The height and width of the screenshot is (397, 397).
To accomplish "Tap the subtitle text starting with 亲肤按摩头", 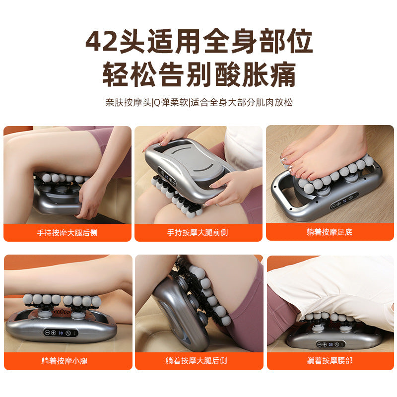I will [198, 103].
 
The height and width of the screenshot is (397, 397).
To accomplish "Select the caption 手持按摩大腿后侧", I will [67, 232].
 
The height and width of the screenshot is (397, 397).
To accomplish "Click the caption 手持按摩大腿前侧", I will [198, 232].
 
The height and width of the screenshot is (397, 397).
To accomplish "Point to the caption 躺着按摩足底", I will [330, 232].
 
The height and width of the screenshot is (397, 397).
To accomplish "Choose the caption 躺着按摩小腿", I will [67, 361].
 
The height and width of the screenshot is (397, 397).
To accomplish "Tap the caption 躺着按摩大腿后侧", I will [198, 361].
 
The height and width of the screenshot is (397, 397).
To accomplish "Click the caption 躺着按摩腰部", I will [330, 361].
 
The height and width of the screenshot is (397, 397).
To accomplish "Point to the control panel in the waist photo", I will [329, 343].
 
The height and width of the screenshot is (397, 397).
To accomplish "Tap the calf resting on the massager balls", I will [60, 280].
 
